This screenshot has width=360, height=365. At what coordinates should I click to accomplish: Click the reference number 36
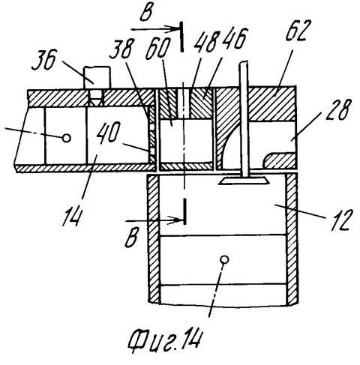click(x=44, y=60)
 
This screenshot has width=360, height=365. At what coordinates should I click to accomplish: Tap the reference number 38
click(x=121, y=49)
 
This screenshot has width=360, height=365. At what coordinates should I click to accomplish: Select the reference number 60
click(x=158, y=48)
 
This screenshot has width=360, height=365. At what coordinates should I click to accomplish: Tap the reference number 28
click(x=337, y=110)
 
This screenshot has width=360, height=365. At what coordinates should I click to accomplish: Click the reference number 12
click(x=340, y=220)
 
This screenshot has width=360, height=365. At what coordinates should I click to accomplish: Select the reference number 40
click(x=108, y=133)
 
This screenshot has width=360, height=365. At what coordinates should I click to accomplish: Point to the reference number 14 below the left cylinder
click(x=72, y=217)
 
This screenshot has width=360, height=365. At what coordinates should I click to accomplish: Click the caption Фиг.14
click(x=165, y=341)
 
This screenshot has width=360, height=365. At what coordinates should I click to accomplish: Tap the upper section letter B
click(x=146, y=12)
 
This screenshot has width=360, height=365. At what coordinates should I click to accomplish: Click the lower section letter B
click(x=131, y=238)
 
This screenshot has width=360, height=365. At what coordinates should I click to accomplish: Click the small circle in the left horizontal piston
click(x=67, y=138)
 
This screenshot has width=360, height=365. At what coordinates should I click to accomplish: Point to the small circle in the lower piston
click(x=224, y=259)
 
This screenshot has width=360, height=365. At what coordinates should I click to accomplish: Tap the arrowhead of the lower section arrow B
click(x=177, y=220)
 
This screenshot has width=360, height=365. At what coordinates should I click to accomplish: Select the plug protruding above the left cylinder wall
click(x=97, y=77)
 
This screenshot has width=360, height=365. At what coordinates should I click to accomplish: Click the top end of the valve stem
click(x=244, y=62)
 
